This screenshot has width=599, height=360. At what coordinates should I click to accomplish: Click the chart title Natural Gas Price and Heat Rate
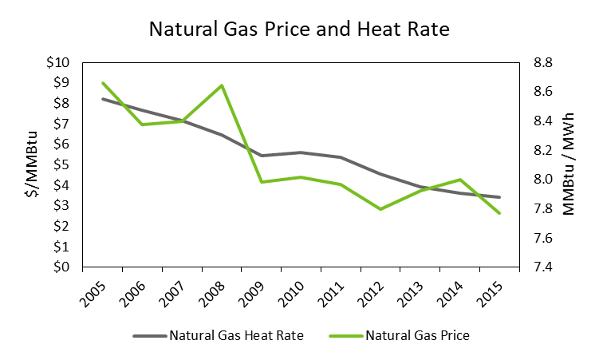299,31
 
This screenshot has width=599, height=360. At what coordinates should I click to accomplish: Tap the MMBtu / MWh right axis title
568,164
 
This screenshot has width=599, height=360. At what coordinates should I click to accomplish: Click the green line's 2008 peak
222,85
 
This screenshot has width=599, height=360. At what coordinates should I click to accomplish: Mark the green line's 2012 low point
381,209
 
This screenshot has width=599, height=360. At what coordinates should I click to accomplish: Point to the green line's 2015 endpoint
500,213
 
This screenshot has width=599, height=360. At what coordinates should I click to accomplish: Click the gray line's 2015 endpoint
500,197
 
